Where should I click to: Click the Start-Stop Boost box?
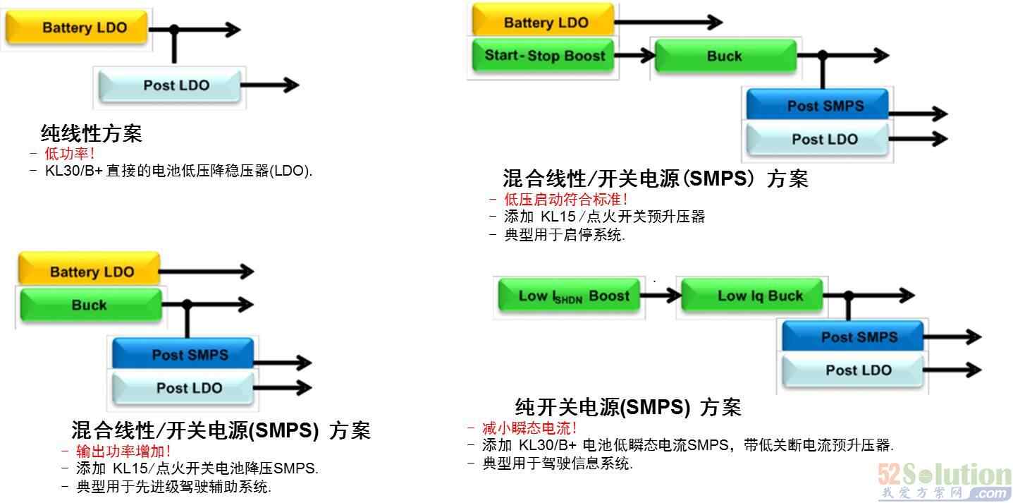tap(544, 56)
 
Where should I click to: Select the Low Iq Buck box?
tap(760, 296)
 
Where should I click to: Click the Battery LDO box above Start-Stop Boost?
tap(545, 22)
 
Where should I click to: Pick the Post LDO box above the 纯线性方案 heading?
tap(176, 85)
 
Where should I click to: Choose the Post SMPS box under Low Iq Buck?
tap(859, 337)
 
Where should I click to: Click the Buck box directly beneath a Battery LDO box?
tap(89, 305)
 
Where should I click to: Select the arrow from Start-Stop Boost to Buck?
tap(635, 56)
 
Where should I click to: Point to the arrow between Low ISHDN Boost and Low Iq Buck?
tap(661, 296)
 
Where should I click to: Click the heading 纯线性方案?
tap(92, 133)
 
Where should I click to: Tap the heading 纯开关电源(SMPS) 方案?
tap(628, 407)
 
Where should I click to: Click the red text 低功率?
tap(69, 153)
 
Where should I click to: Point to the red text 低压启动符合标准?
tap(566, 200)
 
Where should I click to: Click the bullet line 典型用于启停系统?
tap(564, 236)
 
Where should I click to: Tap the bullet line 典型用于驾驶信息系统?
tap(557, 463)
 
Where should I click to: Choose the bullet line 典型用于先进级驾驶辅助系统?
tap(173, 486)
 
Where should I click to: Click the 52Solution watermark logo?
tap(945, 480)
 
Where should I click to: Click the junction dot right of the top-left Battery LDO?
tap(174, 29)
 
